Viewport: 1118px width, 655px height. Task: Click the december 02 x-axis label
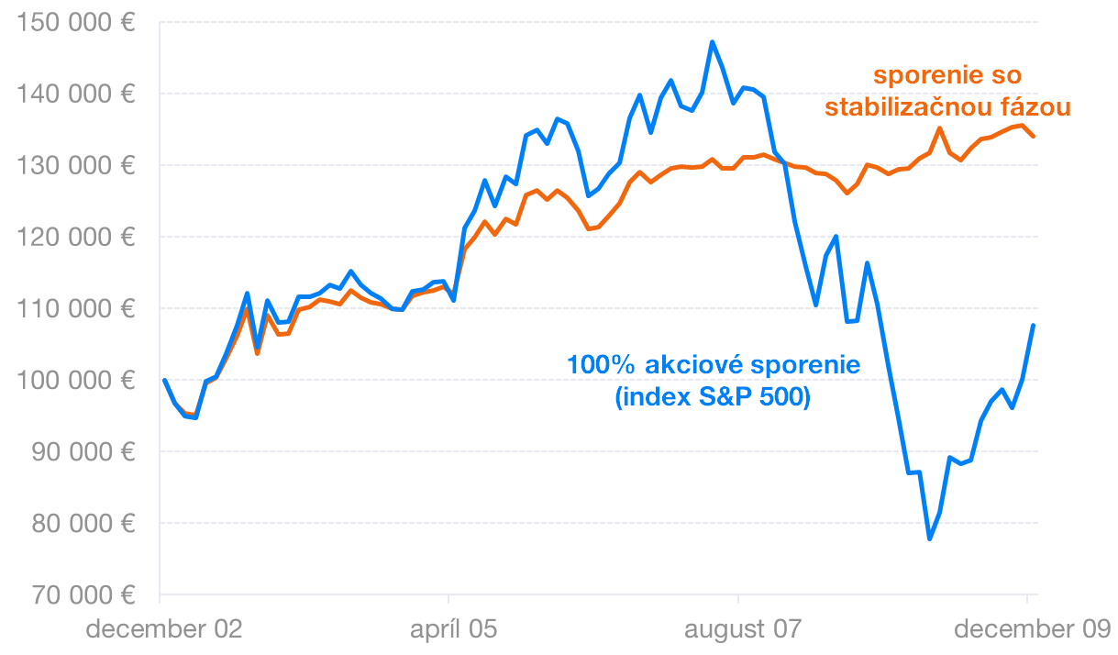[x=164, y=630]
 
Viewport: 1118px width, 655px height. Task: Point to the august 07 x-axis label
[x=742, y=630]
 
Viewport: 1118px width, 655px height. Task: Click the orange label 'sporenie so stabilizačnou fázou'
[x=947, y=91]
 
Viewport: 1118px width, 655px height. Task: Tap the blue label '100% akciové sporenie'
[x=714, y=365]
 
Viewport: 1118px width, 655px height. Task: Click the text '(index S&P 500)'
[x=714, y=399]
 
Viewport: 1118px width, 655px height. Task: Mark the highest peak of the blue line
[x=712, y=42]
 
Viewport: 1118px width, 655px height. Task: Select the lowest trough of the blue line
[x=930, y=538]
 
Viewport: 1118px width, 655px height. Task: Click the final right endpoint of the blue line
[x=1033, y=326]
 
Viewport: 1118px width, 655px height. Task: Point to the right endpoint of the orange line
[x=1033, y=136]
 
